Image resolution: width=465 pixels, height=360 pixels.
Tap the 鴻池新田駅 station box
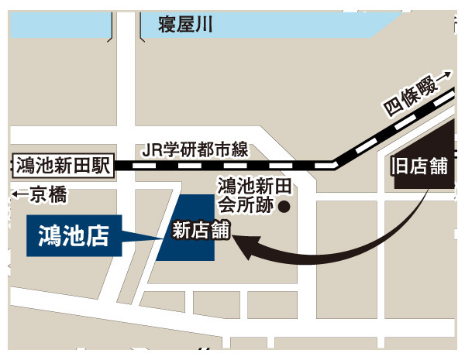[x=62, y=165]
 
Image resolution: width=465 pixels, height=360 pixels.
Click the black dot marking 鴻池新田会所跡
[x=284, y=207]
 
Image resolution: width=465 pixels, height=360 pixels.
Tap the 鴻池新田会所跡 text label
[x=244, y=196]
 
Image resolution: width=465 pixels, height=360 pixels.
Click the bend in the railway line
[x=335, y=164]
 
